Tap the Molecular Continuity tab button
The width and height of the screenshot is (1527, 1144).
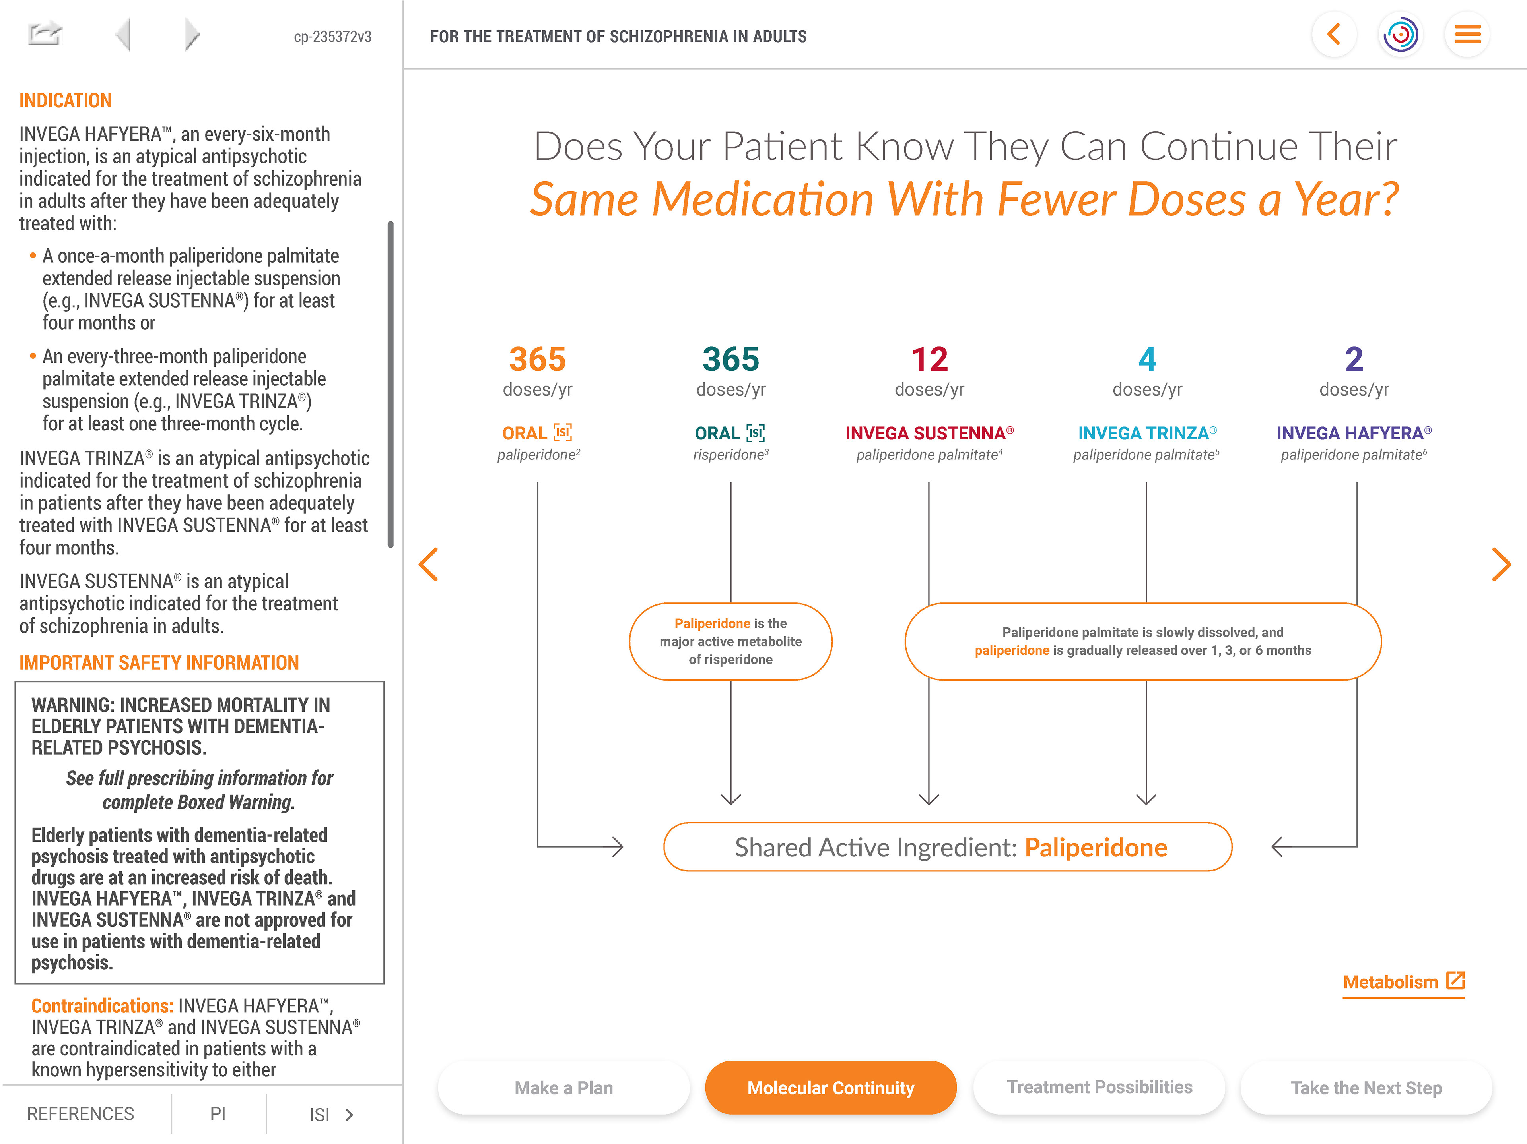click(830, 1088)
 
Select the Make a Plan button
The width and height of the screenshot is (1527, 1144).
click(563, 1088)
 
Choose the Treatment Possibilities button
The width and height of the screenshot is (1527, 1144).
click(1099, 1088)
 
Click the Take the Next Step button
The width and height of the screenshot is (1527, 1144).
click(1366, 1088)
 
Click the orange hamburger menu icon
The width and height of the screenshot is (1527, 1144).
click(1467, 35)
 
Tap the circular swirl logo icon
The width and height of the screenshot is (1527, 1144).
click(1401, 35)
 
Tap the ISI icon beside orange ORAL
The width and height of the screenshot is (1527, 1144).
click(563, 433)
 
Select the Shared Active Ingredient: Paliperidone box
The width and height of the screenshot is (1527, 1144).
click(947, 847)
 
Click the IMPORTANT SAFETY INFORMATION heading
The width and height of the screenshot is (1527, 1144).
click(159, 662)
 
